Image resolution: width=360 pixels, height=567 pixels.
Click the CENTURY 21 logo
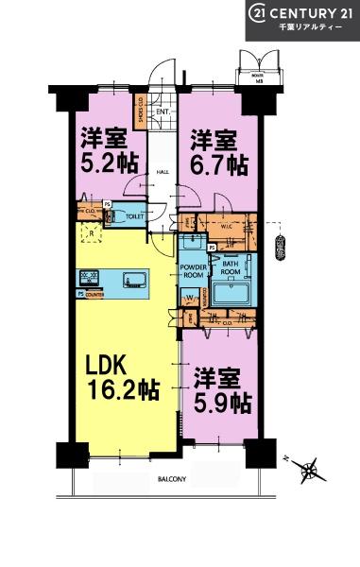tap(301, 12)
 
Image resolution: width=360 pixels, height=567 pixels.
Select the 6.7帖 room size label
tap(218, 164)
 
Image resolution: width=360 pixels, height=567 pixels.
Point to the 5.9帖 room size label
tap(222, 403)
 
